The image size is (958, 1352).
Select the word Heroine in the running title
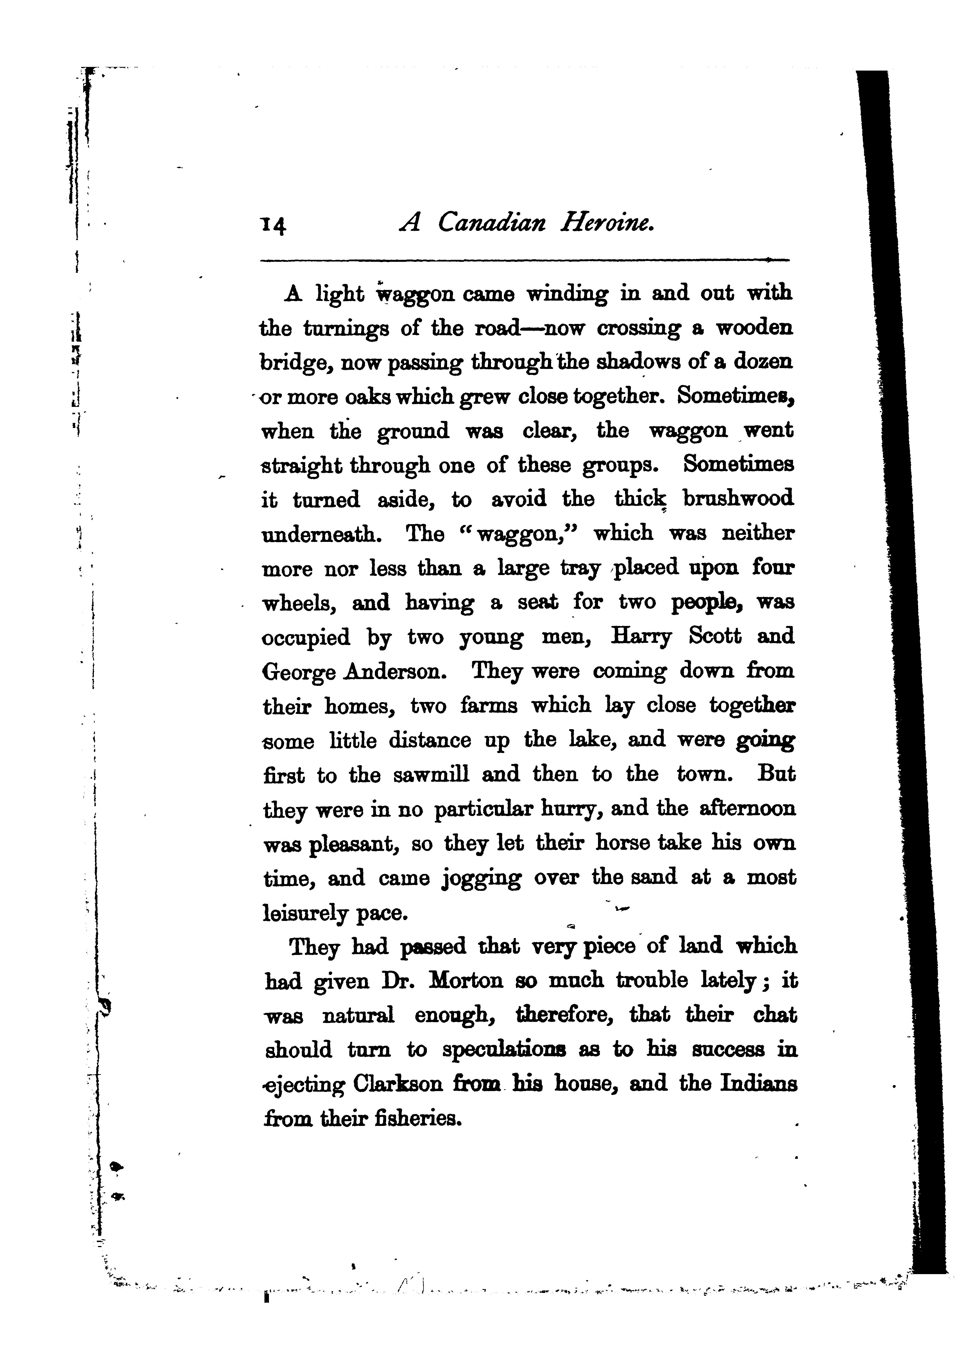(x=607, y=222)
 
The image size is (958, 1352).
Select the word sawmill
(x=431, y=774)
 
